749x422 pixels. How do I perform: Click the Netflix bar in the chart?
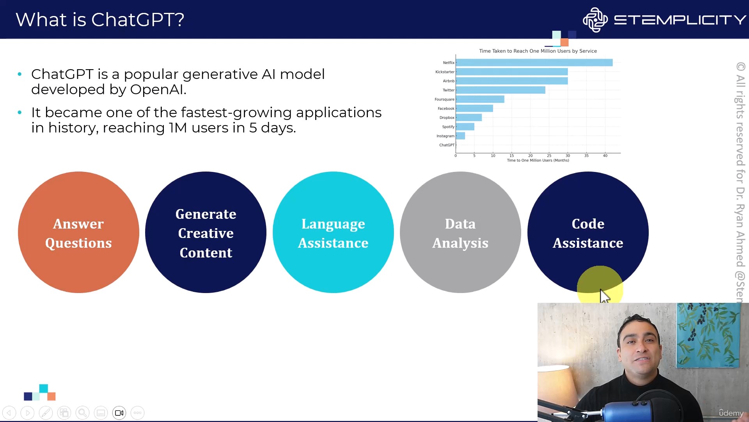(534, 63)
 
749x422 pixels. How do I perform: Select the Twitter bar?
(501, 90)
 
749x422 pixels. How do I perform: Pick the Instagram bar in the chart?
(460, 136)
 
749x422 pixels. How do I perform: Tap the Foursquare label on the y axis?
(444, 99)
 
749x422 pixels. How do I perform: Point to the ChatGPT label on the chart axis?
(447, 145)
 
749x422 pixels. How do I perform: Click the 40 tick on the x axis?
(605, 156)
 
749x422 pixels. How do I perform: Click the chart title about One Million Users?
(538, 51)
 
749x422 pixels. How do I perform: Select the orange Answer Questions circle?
(78, 232)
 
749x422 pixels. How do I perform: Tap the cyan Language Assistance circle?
(333, 232)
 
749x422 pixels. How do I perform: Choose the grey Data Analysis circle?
(460, 232)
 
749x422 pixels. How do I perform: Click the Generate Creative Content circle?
(206, 232)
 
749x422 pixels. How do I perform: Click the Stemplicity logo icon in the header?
(595, 20)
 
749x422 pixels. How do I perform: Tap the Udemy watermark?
(731, 413)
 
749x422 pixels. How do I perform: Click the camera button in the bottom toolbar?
(119, 413)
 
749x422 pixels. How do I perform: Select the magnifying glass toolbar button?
(82, 413)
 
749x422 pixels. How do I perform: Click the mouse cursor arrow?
(605, 296)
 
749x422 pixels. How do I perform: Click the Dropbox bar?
(469, 118)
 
